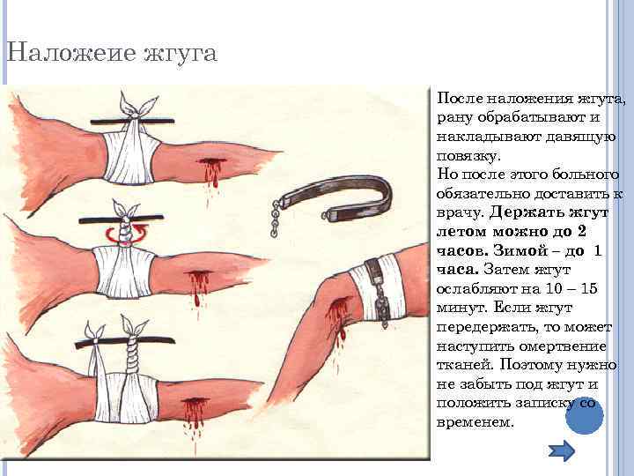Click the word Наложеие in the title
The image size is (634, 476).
71,52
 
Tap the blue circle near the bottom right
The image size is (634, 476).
585,416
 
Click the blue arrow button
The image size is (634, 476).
562,451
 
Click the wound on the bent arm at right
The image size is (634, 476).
338,320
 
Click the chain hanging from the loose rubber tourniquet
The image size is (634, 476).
275,219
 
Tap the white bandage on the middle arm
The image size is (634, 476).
124,272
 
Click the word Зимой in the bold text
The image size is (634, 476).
514,251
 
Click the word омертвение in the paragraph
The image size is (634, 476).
563,346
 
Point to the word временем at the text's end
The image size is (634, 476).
475,422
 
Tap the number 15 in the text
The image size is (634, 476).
588,288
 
